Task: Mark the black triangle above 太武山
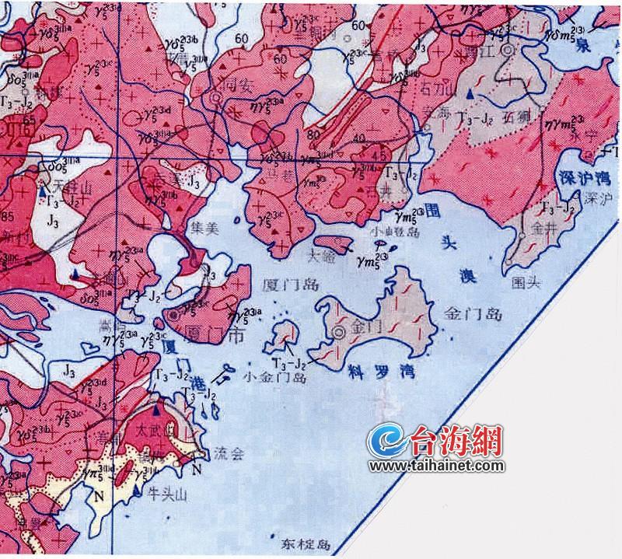click(157, 409)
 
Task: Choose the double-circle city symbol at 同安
click(215, 98)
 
